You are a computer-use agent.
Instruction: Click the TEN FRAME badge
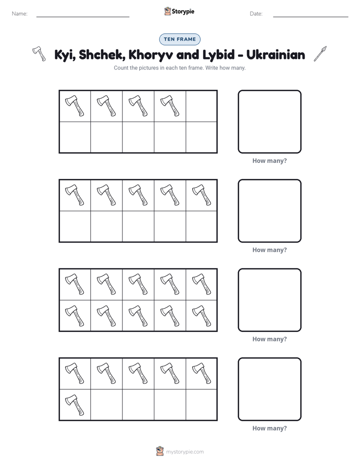click(179, 39)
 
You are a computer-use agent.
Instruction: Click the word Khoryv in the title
click(151, 54)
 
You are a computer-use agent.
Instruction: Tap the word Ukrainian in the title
click(276, 54)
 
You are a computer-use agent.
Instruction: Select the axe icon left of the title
click(39, 53)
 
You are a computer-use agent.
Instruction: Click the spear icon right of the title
click(320, 54)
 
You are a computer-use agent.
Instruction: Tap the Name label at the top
click(20, 14)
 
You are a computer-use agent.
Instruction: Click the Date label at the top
click(256, 14)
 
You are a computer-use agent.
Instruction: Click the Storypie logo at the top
click(179, 11)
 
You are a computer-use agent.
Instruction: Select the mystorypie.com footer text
click(185, 452)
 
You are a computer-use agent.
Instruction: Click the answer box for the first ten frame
click(269, 122)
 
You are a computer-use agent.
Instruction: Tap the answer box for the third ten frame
click(269, 300)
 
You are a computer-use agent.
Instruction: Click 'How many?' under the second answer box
click(269, 250)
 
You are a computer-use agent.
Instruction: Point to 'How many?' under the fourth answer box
click(269, 428)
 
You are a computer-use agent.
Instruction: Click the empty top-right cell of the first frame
click(201, 106)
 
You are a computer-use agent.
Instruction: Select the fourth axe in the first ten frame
click(170, 106)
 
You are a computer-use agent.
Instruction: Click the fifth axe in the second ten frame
click(202, 195)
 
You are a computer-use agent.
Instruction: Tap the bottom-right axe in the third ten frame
click(202, 316)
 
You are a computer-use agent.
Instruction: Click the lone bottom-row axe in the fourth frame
click(75, 405)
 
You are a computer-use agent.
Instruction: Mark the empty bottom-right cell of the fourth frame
click(201, 405)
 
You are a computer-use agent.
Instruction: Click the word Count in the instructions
click(121, 68)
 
